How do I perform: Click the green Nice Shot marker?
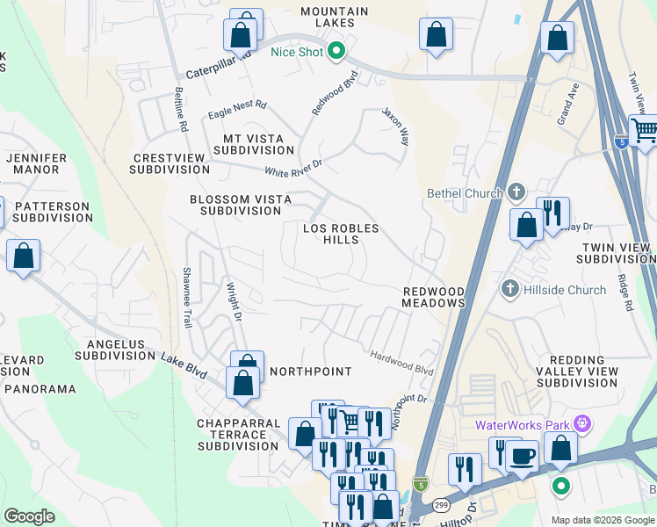click(336, 52)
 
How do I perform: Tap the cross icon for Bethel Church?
click(516, 192)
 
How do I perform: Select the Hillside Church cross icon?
click(509, 289)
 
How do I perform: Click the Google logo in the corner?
click(29, 516)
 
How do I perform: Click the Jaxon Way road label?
click(396, 126)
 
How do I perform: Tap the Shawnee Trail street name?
click(187, 298)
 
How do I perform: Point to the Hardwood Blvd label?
click(402, 365)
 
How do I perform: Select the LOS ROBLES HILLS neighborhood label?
click(341, 234)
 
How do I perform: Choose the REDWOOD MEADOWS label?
click(433, 297)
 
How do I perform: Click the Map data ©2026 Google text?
click(603, 520)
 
